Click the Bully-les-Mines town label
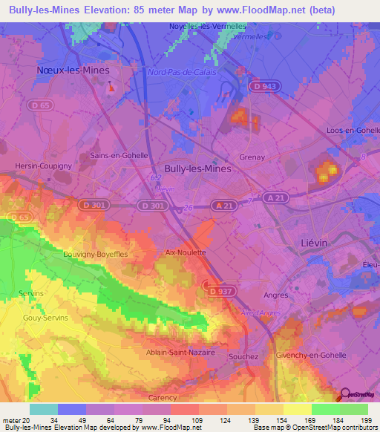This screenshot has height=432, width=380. click(197, 168)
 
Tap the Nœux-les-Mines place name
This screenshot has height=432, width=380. click(73, 70)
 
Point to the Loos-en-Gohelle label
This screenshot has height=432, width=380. click(353, 130)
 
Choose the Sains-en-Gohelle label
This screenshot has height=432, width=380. click(119, 156)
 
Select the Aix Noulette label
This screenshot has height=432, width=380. click(185, 252)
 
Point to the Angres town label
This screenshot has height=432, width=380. click(275, 295)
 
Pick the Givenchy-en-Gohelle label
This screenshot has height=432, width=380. click(310, 355)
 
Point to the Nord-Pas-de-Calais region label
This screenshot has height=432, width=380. click(181, 73)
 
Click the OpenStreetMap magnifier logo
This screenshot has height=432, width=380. click(345, 396)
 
